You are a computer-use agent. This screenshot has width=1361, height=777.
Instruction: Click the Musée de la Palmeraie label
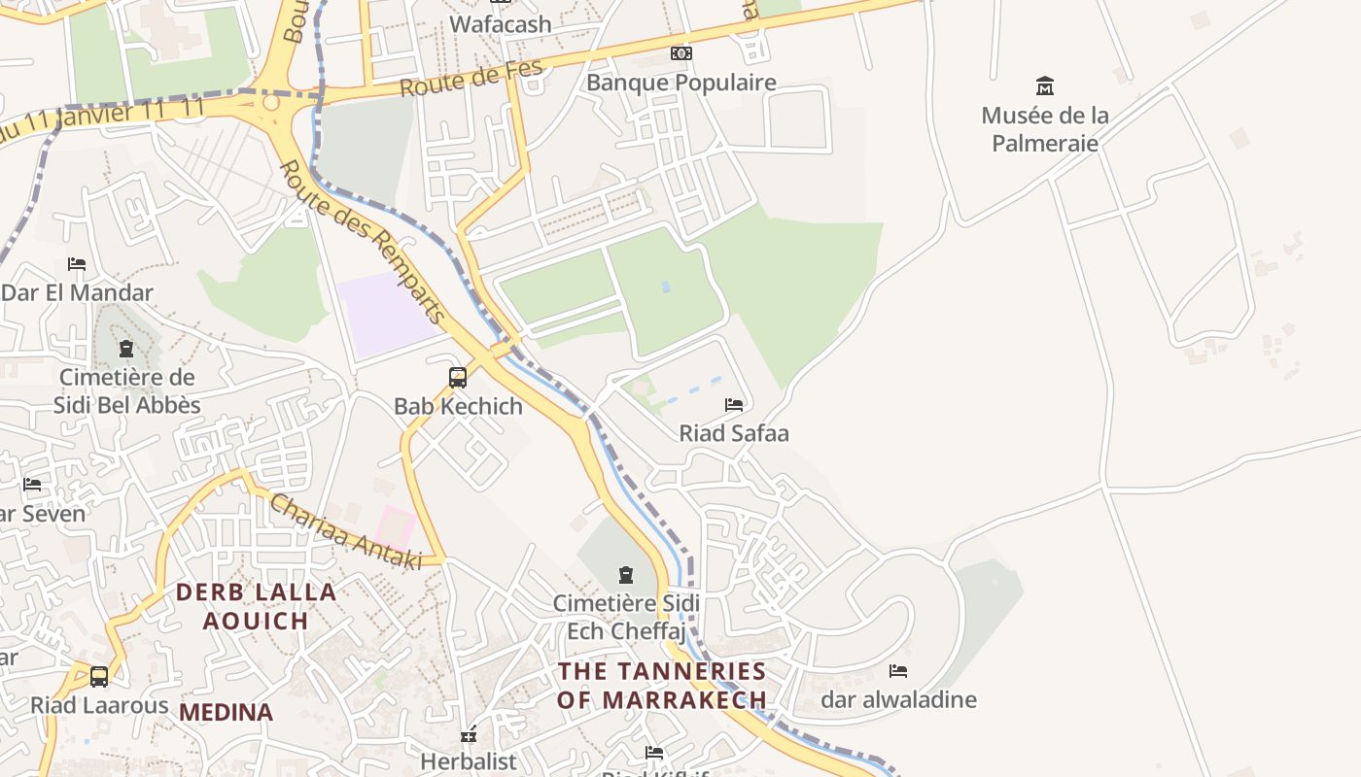click(x=1045, y=129)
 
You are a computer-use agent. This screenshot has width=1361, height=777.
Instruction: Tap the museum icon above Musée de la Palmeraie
click(x=1045, y=85)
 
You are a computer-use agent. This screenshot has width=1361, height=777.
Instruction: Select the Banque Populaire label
click(x=680, y=83)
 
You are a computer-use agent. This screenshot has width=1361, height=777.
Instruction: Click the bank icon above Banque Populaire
click(x=681, y=53)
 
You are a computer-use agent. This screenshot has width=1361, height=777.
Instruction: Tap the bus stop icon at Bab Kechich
click(x=458, y=377)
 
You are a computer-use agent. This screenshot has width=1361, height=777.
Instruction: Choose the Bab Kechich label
click(x=458, y=406)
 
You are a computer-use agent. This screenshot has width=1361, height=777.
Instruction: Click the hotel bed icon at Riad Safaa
click(x=734, y=404)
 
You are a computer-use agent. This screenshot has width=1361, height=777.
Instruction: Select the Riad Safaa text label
click(x=734, y=433)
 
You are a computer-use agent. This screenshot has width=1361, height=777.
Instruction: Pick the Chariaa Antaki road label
click(x=345, y=532)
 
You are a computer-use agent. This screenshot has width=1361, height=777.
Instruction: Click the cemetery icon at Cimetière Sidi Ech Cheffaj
click(x=625, y=575)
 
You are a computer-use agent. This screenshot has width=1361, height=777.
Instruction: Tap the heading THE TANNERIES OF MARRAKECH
click(x=662, y=685)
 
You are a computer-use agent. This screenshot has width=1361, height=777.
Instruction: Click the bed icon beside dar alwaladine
click(x=898, y=670)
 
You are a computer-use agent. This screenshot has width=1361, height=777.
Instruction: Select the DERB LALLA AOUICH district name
click(x=256, y=605)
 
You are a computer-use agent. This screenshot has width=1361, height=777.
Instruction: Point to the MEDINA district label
click(x=226, y=712)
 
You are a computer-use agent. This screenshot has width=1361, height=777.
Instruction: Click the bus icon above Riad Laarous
click(x=99, y=676)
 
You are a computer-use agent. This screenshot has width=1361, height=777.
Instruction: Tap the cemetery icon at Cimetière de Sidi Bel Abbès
click(x=125, y=348)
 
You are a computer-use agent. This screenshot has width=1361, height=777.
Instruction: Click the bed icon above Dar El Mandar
click(x=77, y=263)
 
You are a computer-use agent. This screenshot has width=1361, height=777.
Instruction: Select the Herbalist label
click(x=469, y=761)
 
